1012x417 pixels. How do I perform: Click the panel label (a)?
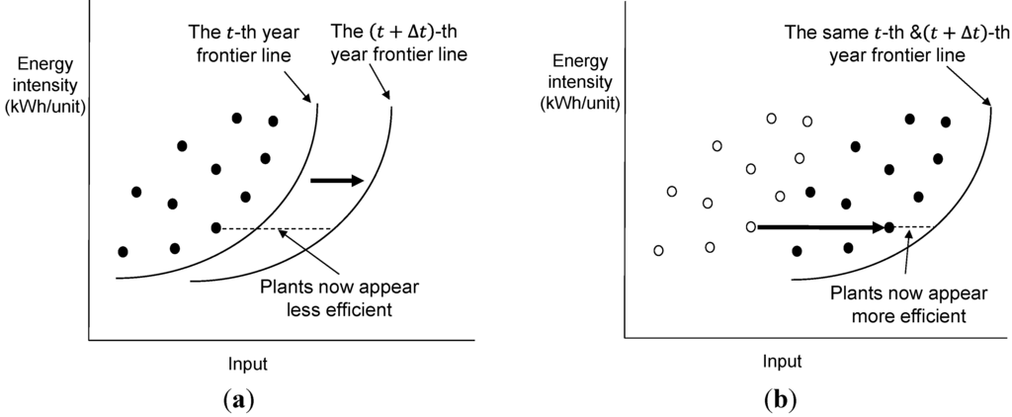click(238, 400)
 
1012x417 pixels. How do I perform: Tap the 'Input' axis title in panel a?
click(247, 364)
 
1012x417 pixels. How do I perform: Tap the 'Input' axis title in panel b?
click(781, 361)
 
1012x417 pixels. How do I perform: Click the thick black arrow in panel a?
click(337, 180)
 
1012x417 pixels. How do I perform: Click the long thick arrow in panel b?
click(820, 227)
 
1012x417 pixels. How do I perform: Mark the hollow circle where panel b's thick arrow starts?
click(751, 227)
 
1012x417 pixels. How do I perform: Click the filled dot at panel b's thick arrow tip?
click(889, 227)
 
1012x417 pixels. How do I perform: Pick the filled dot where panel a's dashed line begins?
click(216, 228)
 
